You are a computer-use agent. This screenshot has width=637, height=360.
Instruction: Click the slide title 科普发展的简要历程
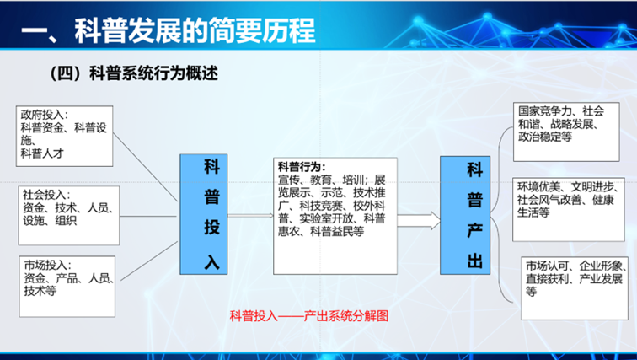click(x=195, y=31)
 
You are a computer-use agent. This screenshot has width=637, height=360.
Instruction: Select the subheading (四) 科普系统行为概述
click(x=134, y=73)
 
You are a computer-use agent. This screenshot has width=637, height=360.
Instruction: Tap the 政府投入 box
click(x=64, y=136)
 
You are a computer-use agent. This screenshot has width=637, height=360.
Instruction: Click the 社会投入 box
click(x=68, y=215)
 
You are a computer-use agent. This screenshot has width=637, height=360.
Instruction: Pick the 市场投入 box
click(x=67, y=287)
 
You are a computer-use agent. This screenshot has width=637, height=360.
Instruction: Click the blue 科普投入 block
click(x=204, y=214)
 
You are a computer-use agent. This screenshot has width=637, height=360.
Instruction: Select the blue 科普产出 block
click(x=465, y=215)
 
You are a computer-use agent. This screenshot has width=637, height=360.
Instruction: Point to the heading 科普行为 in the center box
click(x=302, y=167)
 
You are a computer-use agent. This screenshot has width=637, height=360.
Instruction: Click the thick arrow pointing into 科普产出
click(x=419, y=221)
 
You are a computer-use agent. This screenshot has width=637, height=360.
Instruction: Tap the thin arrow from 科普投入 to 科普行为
click(x=250, y=216)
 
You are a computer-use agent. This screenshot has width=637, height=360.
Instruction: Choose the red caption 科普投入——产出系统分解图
click(x=309, y=315)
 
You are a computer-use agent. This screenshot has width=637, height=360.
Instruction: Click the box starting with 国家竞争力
click(x=566, y=132)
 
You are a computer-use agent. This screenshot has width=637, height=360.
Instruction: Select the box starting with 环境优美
click(x=569, y=209)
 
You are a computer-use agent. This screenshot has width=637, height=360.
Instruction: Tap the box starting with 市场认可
click(x=575, y=288)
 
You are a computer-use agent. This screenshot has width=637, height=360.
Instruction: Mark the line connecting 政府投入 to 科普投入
click(x=146, y=167)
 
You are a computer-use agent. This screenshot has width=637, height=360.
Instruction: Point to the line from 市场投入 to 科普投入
click(x=149, y=261)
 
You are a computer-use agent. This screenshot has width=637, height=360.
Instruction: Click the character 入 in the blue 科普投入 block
click(x=212, y=261)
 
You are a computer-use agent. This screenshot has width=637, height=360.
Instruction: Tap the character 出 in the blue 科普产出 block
click(x=475, y=260)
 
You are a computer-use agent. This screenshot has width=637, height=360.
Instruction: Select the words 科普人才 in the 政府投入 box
click(x=42, y=153)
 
